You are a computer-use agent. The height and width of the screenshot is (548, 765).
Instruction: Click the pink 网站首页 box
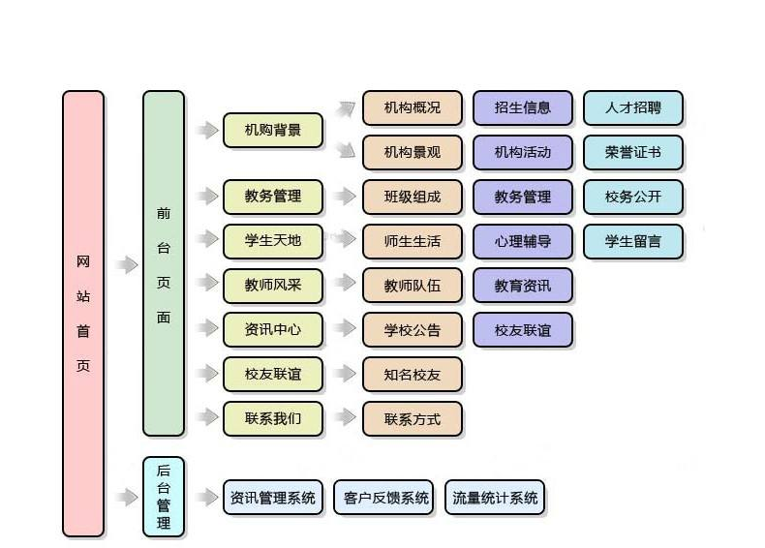[x=83, y=313]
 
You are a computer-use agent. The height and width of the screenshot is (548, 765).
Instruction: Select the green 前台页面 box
[x=164, y=263]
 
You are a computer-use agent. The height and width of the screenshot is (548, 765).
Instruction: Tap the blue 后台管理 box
[x=164, y=497]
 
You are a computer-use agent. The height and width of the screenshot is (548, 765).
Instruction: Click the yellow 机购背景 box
[x=273, y=131]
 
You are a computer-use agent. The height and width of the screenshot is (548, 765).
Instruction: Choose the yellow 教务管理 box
[x=273, y=197]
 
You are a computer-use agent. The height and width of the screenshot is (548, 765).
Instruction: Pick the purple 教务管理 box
[x=523, y=197]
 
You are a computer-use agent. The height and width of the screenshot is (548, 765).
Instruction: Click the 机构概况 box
[x=413, y=108]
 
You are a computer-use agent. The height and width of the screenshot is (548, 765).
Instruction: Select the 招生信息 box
[x=523, y=108]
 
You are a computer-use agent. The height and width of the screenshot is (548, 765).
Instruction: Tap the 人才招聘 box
[x=633, y=108]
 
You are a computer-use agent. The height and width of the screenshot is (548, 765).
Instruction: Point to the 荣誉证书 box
[x=633, y=152]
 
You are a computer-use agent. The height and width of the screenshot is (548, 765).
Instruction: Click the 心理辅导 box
[x=523, y=241]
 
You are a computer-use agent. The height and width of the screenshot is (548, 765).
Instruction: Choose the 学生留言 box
[x=633, y=241]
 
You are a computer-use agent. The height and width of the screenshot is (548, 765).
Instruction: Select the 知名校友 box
[x=413, y=375]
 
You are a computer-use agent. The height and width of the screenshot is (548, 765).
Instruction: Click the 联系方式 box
[x=413, y=419]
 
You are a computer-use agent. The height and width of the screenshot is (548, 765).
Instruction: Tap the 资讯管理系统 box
[x=273, y=498]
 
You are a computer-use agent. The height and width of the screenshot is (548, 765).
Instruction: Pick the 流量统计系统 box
[x=495, y=498]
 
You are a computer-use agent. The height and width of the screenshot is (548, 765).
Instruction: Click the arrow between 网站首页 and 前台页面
[x=126, y=264]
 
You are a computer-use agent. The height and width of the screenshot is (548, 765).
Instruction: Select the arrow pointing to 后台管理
[x=126, y=498]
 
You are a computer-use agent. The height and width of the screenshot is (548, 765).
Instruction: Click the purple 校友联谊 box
[x=523, y=330]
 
